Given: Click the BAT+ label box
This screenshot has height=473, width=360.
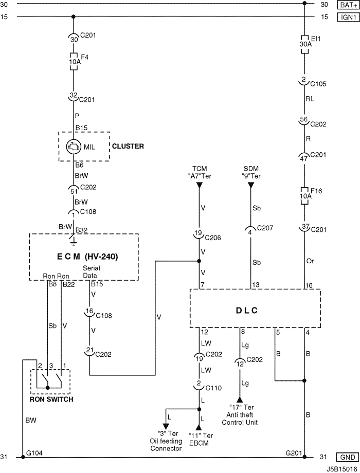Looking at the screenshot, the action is point(348,5).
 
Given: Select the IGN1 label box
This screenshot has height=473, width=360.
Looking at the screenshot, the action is point(348,17).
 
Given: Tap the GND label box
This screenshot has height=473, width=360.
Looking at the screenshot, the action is point(348,457).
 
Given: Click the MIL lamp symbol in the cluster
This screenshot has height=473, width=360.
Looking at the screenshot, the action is point(74,147).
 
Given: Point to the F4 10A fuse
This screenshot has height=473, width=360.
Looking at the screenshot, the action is point(74,62).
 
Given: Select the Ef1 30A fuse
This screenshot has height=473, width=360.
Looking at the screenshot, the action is point(305,44).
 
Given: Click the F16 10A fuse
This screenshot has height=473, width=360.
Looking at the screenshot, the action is point(305,196).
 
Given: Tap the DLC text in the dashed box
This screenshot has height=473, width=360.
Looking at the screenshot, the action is point(247,311).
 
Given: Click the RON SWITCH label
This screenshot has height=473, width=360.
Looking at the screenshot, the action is point(51,399).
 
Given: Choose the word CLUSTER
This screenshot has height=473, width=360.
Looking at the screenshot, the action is point(128,147).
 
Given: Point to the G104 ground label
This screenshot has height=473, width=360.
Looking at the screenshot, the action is point(34,453).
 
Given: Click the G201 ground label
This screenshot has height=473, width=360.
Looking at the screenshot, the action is point(294,453).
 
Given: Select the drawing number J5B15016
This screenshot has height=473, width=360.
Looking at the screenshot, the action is point(342,469).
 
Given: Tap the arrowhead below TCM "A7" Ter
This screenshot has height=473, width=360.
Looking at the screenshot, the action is point(199,186).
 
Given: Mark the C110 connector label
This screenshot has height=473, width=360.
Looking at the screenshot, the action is point(213,388).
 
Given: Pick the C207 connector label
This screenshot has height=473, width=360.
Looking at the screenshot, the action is point(265,228).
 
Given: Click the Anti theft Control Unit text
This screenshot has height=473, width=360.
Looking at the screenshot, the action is point(240,419).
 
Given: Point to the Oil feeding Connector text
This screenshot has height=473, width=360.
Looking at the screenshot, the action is point(166,445).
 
